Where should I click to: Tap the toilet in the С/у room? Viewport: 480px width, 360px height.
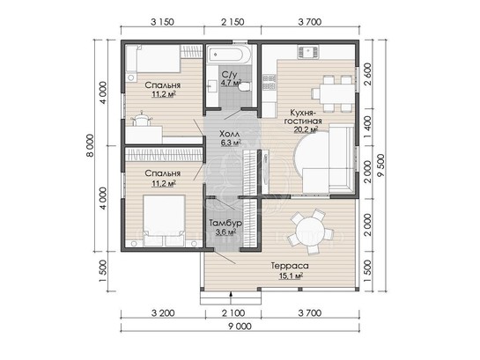click(x=245, y=87)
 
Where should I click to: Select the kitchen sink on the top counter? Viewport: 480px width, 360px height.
click(x=307, y=52)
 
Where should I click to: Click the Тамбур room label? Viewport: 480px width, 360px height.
click(x=225, y=223)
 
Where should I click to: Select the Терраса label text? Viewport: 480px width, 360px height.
click(x=290, y=266)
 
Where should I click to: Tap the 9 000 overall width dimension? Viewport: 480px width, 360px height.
click(x=240, y=327)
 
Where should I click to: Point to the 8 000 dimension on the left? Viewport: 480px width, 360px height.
click(x=90, y=145)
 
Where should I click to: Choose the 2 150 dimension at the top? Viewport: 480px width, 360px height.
click(x=233, y=22)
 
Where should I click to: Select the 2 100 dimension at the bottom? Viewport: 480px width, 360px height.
click(x=233, y=312)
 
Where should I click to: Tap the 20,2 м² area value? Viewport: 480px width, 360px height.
click(x=306, y=129)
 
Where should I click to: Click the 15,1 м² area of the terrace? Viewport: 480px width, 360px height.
click(x=291, y=276)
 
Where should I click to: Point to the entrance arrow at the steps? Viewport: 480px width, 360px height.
click(x=231, y=295)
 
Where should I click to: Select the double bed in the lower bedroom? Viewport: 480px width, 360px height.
click(x=164, y=221)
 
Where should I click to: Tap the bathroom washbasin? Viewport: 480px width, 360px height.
click(x=212, y=85)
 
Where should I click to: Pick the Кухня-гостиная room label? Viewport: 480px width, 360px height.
click(x=303, y=116)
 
